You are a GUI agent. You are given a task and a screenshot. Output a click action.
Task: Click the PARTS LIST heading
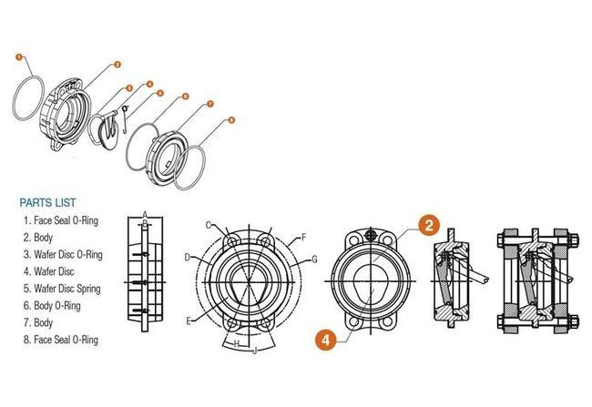click(x=47, y=203)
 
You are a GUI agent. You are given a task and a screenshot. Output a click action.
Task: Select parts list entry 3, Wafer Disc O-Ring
click(x=63, y=254)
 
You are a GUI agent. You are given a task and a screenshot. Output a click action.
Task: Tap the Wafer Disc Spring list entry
click(x=62, y=289)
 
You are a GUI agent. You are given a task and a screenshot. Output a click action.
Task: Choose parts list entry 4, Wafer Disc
click(x=48, y=271)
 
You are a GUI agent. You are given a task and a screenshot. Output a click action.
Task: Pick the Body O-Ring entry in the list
click(x=52, y=305)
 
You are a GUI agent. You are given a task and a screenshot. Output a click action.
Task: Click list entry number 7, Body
click(x=38, y=323)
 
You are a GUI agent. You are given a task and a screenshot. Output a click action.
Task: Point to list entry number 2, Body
click(x=38, y=238)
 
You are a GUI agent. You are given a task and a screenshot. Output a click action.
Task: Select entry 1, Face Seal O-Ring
click(x=61, y=220)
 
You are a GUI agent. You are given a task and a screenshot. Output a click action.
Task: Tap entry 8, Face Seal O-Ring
click(x=61, y=340)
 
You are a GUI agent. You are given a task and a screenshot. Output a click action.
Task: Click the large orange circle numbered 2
click(x=429, y=226)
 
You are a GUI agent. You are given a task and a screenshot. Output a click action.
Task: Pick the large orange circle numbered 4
click(x=325, y=340)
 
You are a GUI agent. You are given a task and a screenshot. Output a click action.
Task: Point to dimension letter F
click(x=303, y=238)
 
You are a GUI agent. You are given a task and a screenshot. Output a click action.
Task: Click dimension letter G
click(x=314, y=259)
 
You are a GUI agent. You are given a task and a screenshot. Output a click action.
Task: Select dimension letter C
click(x=209, y=226)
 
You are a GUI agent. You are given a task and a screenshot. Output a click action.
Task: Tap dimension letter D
click(x=188, y=258)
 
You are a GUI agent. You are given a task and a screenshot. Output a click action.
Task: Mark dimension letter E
click(x=189, y=321)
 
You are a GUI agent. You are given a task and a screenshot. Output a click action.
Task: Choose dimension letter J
click(x=255, y=351)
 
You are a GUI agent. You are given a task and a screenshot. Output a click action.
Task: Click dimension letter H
click(x=237, y=344)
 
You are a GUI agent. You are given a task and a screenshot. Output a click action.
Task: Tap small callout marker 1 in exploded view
click(x=19, y=57)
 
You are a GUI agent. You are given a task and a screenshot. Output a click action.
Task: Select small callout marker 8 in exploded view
click(x=231, y=120)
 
